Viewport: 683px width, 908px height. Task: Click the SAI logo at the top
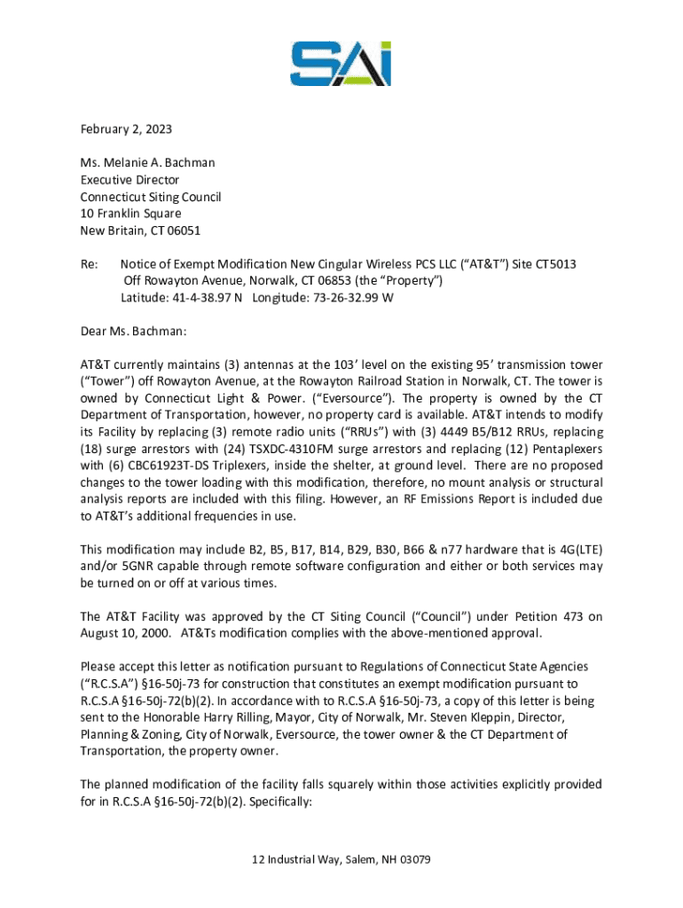341,64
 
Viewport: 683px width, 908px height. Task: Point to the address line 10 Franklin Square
130,214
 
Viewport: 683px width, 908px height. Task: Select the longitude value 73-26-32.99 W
349,298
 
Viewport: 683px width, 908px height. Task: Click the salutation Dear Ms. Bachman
133,332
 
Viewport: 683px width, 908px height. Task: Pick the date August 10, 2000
125,633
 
